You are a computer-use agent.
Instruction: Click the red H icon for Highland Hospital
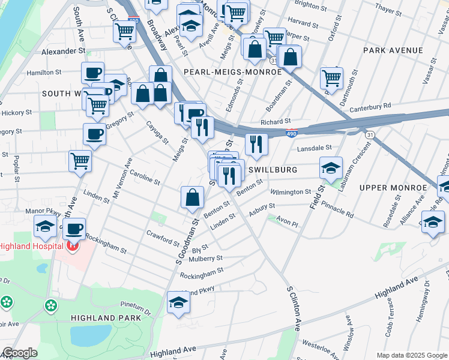click(73, 246)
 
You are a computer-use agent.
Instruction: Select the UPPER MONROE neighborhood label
click(393, 188)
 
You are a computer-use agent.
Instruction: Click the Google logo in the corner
click(19, 353)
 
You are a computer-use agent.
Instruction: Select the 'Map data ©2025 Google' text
click(411, 355)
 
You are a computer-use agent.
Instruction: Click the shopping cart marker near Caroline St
click(80, 161)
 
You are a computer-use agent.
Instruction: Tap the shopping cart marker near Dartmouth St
click(331, 77)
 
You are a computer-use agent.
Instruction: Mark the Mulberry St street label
click(205, 259)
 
